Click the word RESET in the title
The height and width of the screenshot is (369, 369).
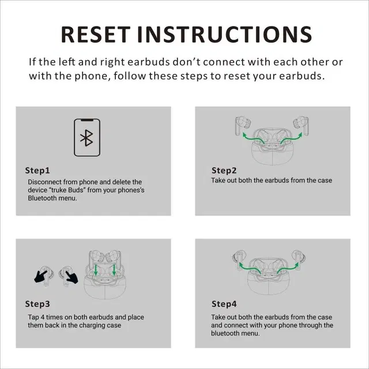coord(96,35)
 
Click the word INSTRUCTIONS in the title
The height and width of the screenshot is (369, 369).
coord(225,35)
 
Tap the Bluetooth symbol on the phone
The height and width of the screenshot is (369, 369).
coord(86,138)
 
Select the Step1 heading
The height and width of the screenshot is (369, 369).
coord(37,171)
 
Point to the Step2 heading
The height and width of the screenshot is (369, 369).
coord(224,171)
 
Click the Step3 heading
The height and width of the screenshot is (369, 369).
coord(37,304)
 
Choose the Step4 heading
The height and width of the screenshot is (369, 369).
coord(224,304)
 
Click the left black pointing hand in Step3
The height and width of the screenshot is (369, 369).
coord(40,276)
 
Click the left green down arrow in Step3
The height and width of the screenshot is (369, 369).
coord(96,270)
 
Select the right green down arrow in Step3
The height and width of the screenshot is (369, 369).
coord(114,270)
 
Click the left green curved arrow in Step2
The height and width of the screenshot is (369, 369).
coord(253,138)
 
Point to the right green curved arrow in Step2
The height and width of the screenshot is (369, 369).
coord(291,138)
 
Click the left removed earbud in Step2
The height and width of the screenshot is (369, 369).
coord(242,125)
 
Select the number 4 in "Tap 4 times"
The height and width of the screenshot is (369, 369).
coord(42,317)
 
